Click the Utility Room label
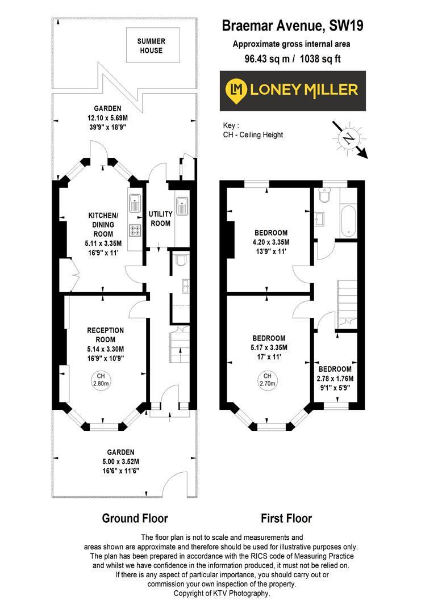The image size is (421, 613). click(x=160, y=219)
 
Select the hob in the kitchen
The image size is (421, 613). click(x=136, y=230)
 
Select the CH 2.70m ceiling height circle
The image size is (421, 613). click(x=268, y=380)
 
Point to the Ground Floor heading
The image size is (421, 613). click(x=135, y=518)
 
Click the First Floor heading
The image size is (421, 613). click(x=286, y=518)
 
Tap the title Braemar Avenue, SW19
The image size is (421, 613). click(x=293, y=26)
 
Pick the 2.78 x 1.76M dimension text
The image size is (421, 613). click(x=335, y=379)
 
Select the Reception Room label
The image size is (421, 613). click(x=105, y=335)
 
